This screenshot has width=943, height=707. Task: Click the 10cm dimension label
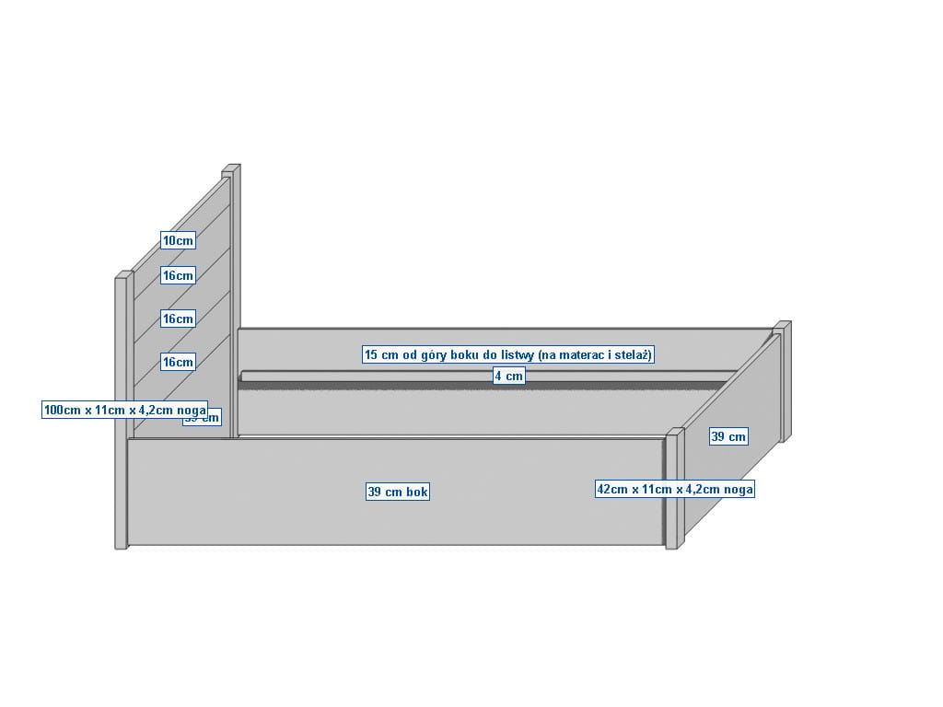[179, 240]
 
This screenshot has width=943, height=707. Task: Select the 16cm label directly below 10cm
[179, 275]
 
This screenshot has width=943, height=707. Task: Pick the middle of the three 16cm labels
[179, 319]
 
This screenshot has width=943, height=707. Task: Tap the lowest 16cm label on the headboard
[179, 362]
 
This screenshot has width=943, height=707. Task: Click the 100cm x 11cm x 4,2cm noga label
[125, 410]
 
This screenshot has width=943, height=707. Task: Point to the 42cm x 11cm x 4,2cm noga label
[675, 490]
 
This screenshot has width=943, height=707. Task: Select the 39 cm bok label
[398, 492]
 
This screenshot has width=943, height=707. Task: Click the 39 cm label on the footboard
[728, 436]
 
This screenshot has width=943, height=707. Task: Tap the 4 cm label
[508, 376]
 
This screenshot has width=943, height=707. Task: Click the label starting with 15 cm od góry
[508, 354]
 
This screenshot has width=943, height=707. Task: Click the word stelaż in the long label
[634, 354]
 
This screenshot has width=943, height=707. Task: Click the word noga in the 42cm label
[739, 490]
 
